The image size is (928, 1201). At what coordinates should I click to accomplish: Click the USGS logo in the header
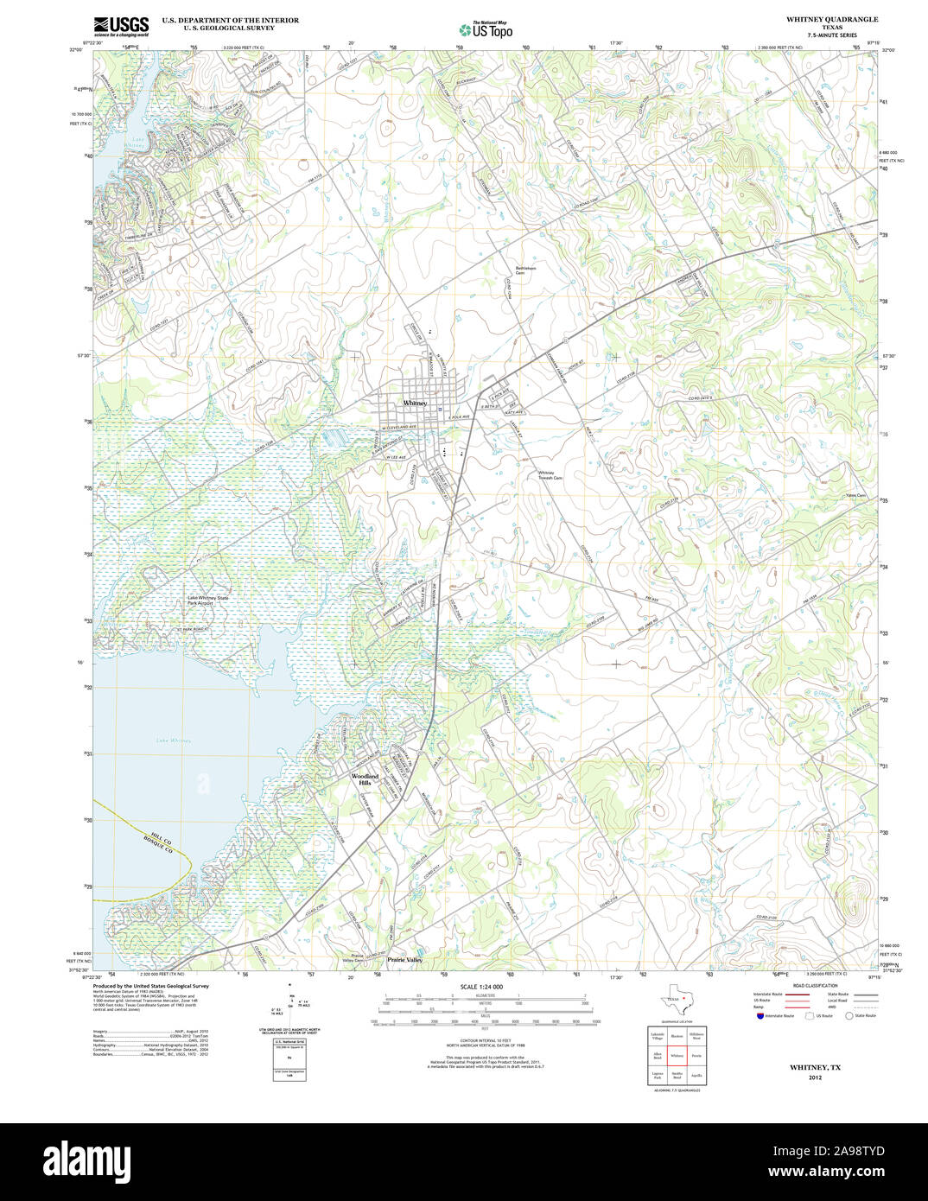point(121,25)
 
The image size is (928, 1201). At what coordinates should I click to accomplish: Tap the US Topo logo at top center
point(486,29)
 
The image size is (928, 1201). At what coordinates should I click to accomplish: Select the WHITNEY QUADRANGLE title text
point(831,19)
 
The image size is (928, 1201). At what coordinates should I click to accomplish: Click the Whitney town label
point(415,404)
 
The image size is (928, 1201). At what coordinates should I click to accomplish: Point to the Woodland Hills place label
point(365,779)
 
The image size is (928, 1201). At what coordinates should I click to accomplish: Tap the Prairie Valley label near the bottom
point(404,960)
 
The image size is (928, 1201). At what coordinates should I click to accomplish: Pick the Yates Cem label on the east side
point(856,495)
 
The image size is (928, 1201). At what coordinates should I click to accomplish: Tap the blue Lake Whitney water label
point(174,740)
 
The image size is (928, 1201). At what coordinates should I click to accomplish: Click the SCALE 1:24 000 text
point(481,987)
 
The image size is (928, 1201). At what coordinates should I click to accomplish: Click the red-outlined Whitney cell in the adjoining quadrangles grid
point(677,1056)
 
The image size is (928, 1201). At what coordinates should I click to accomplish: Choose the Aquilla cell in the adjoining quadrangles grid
point(697,1076)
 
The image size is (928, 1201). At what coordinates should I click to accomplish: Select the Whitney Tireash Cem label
point(550,474)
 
